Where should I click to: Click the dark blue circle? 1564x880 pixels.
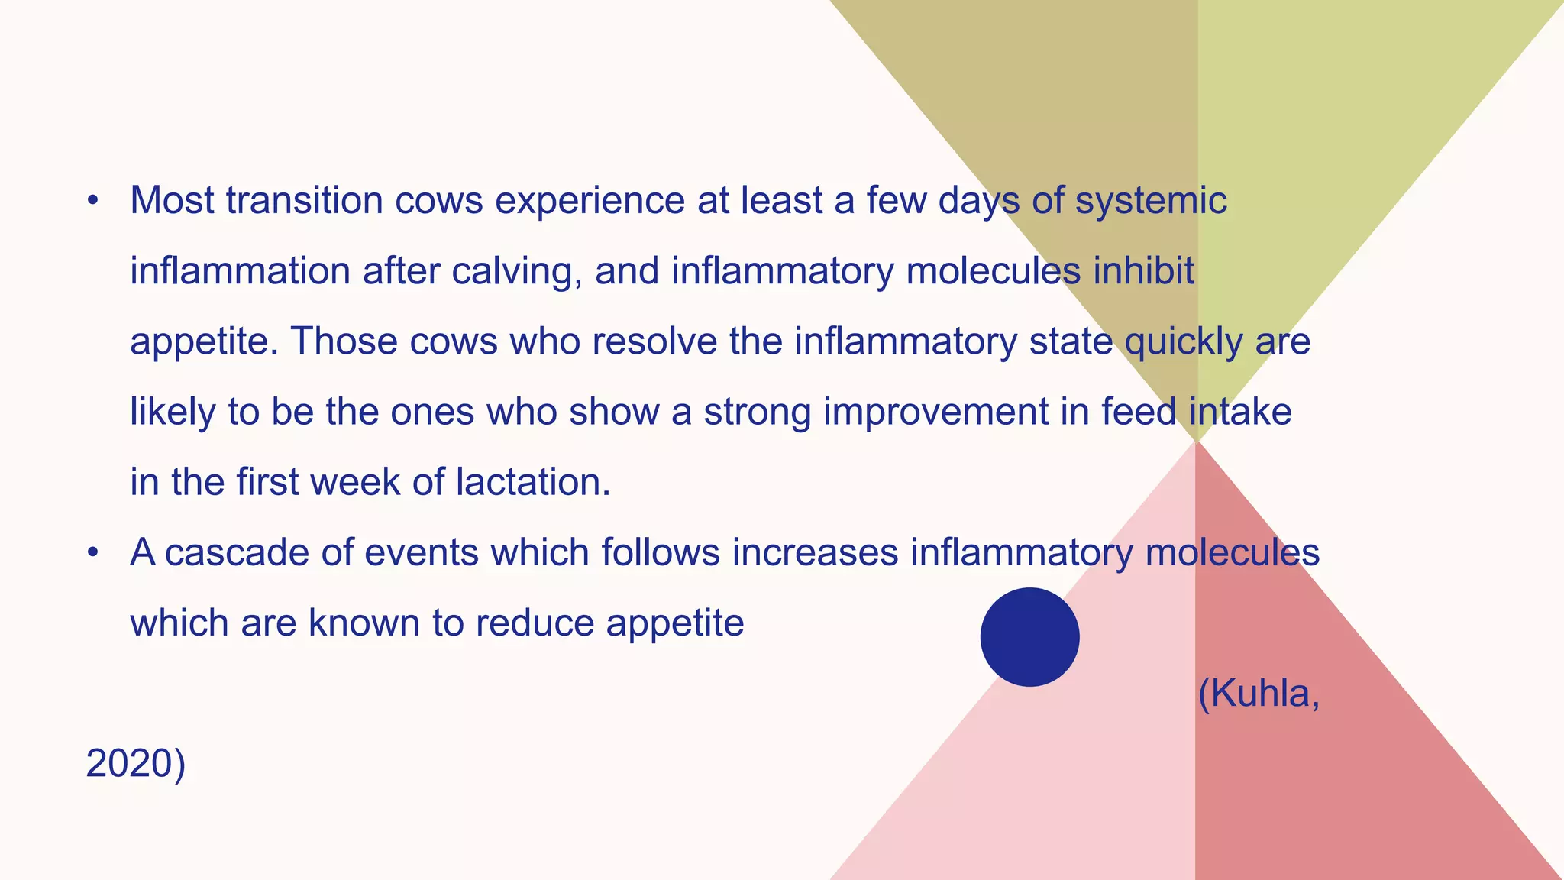click(x=1029, y=637)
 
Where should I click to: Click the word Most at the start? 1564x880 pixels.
click(x=172, y=201)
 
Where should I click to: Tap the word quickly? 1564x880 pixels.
click(x=1184, y=341)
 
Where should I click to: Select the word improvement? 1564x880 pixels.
click(x=935, y=412)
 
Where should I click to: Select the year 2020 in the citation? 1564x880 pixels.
click(x=130, y=764)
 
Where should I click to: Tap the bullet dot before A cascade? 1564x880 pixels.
click(x=93, y=553)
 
